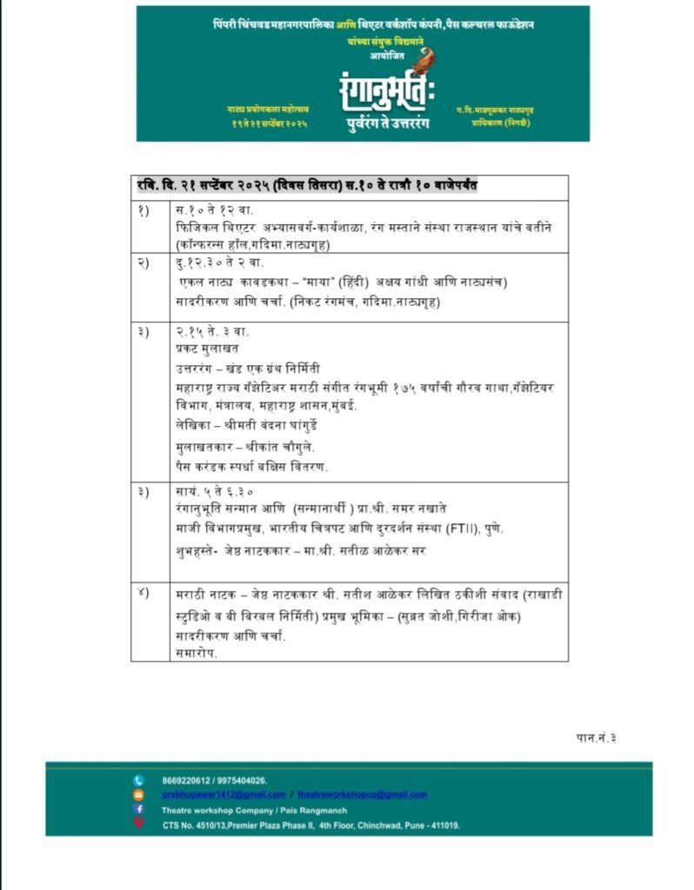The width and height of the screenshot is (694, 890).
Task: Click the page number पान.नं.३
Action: coord(597,738)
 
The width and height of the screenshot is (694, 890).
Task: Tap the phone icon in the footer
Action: coord(138,780)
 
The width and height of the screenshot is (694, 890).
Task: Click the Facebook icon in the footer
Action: coord(138,809)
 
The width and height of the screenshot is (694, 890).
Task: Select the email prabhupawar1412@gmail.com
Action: coord(224,794)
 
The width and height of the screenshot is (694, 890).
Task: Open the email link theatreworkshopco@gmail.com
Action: coord(363,794)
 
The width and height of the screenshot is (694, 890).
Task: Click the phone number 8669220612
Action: coord(186,780)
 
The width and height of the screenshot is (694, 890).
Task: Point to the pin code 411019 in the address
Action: coord(441,825)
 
